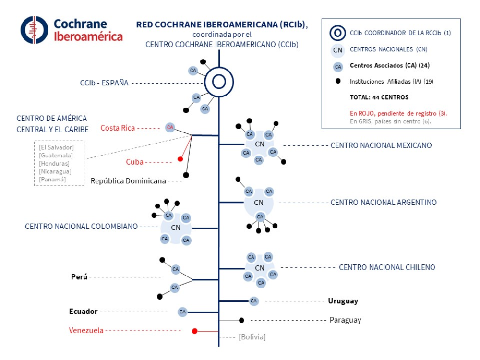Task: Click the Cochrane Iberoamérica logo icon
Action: pyautogui.click(x=34, y=30)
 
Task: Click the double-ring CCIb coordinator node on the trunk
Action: pyautogui.click(x=219, y=83)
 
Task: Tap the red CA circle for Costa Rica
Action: pyautogui.click(x=169, y=127)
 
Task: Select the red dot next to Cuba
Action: pyautogui.click(x=180, y=159)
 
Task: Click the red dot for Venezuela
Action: pyautogui.click(x=195, y=331)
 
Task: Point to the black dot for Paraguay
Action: pyautogui.click(x=241, y=320)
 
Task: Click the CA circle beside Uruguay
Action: pyautogui.click(x=254, y=301)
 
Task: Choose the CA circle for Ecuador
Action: pyautogui.click(x=182, y=312)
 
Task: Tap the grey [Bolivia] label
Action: pyautogui.click(x=252, y=337)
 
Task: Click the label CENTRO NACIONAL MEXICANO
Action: pyautogui.click(x=381, y=145)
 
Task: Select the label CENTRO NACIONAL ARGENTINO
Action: pyautogui.click(x=384, y=203)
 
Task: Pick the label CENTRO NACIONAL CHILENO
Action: pyautogui.click(x=387, y=267)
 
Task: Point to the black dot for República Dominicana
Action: pyautogui.click(x=186, y=175)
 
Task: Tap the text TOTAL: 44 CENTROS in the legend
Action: pyautogui.click(x=379, y=97)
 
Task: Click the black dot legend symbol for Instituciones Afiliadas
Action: pyautogui.click(x=338, y=81)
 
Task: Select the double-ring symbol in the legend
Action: pyautogui.click(x=338, y=33)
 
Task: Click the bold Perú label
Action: pyautogui.click(x=79, y=277)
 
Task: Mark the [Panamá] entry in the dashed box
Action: pyautogui.click(x=52, y=180)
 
